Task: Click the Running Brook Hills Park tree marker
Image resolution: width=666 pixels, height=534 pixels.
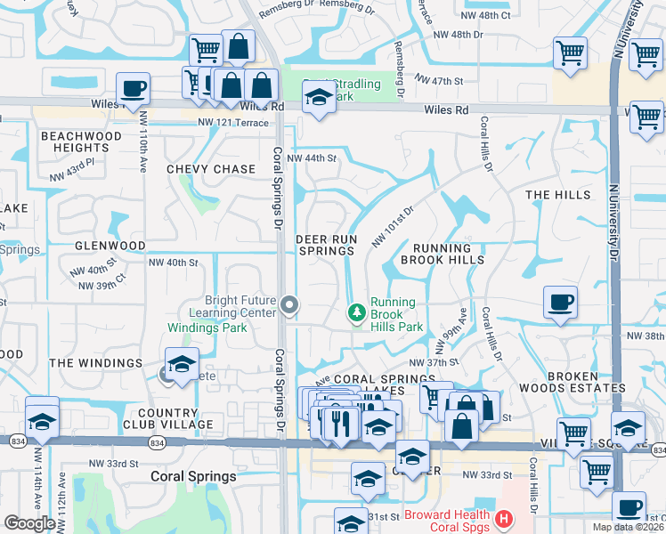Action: (x=357, y=312)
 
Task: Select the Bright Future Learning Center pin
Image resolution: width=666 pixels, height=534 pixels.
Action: (x=288, y=305)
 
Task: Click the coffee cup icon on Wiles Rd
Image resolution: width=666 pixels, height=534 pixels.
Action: (x=133, y=89)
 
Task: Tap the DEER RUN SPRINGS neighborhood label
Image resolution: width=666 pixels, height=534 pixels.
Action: (x=326, y=245)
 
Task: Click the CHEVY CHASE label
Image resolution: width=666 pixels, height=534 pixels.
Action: (x=210, y=169)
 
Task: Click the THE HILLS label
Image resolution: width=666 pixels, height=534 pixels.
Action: (x=557, y=195)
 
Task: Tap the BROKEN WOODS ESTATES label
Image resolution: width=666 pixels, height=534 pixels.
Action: (x=585, y=383)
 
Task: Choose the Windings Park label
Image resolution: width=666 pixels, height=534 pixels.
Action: (x=207, y=328)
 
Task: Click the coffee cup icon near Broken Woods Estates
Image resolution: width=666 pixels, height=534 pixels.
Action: (x=559, y=302)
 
